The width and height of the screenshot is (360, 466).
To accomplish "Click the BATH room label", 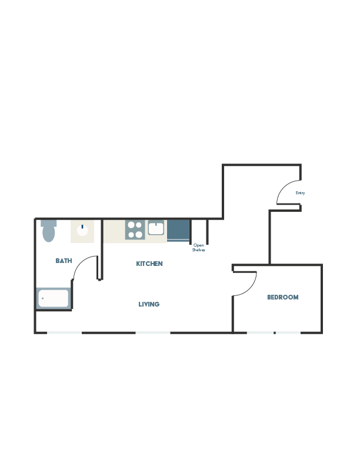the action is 64,261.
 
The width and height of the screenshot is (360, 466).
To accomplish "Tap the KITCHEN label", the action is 149,264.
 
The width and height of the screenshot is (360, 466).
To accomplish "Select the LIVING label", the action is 149,304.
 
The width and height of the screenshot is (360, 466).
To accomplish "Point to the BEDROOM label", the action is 283,297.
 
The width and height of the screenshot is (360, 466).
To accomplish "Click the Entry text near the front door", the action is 300,193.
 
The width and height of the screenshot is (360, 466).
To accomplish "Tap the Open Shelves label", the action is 198,248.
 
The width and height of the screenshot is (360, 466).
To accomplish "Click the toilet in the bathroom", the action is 49,231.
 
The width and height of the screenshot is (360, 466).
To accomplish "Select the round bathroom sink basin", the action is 82,230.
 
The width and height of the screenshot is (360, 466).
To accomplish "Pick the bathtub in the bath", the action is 54,298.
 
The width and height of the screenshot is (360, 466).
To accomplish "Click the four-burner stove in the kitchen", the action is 135,229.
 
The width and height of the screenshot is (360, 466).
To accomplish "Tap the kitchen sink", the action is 156,228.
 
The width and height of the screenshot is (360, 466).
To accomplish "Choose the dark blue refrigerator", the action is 178,231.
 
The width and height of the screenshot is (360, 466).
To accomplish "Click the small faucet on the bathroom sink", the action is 82,227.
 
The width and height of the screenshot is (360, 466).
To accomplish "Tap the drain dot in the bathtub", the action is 43,298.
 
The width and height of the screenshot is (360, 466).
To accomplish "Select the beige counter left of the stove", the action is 114,231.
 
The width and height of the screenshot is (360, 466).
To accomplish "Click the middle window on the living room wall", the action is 153,333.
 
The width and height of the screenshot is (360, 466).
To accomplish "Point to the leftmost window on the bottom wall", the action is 65,333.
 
